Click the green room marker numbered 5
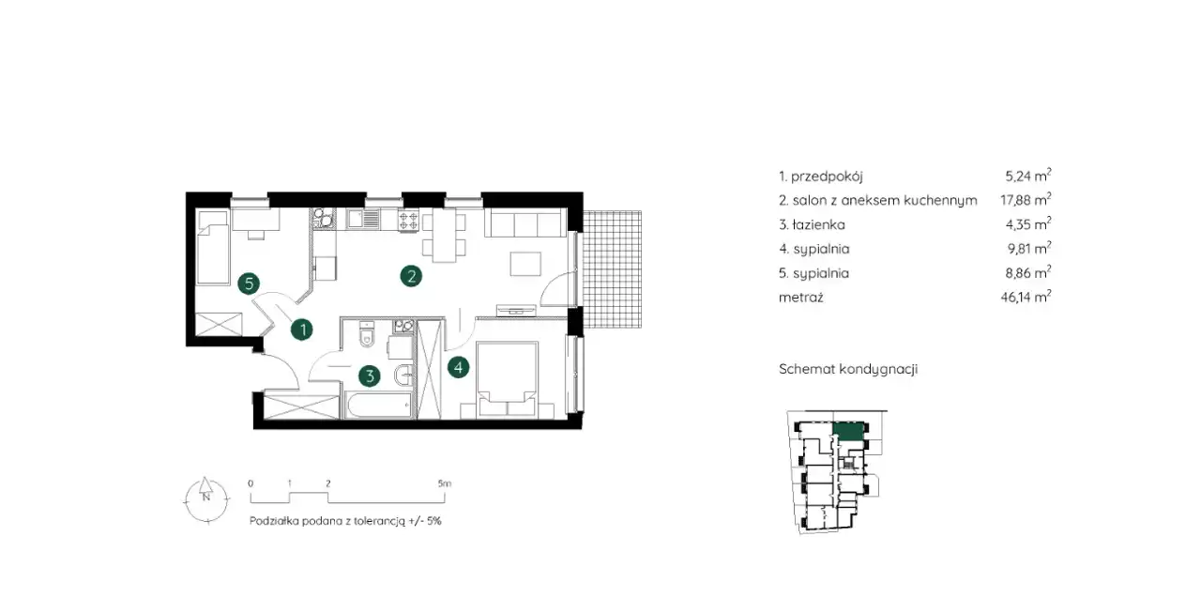click(249, 284)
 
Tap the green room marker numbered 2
click(411, 276)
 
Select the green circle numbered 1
click(302, 330)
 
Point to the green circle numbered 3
click(370, 376)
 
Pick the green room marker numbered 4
click(459, 367)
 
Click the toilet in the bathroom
click(367, 333)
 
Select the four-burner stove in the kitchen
click(408, 221)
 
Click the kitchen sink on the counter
click(363, 220)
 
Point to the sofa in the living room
click(525, 222)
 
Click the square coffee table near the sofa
click(525, 264)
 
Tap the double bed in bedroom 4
click(508, 379)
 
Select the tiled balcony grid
click(612, 269)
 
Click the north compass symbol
click(206, 498)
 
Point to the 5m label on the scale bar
click(445, 483)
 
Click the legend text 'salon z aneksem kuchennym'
click(885, 201)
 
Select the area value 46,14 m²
click(1026, 297)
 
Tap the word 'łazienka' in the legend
click(819, 224)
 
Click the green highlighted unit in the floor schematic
click(849, 432)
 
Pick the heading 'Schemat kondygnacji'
click(848, 370)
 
